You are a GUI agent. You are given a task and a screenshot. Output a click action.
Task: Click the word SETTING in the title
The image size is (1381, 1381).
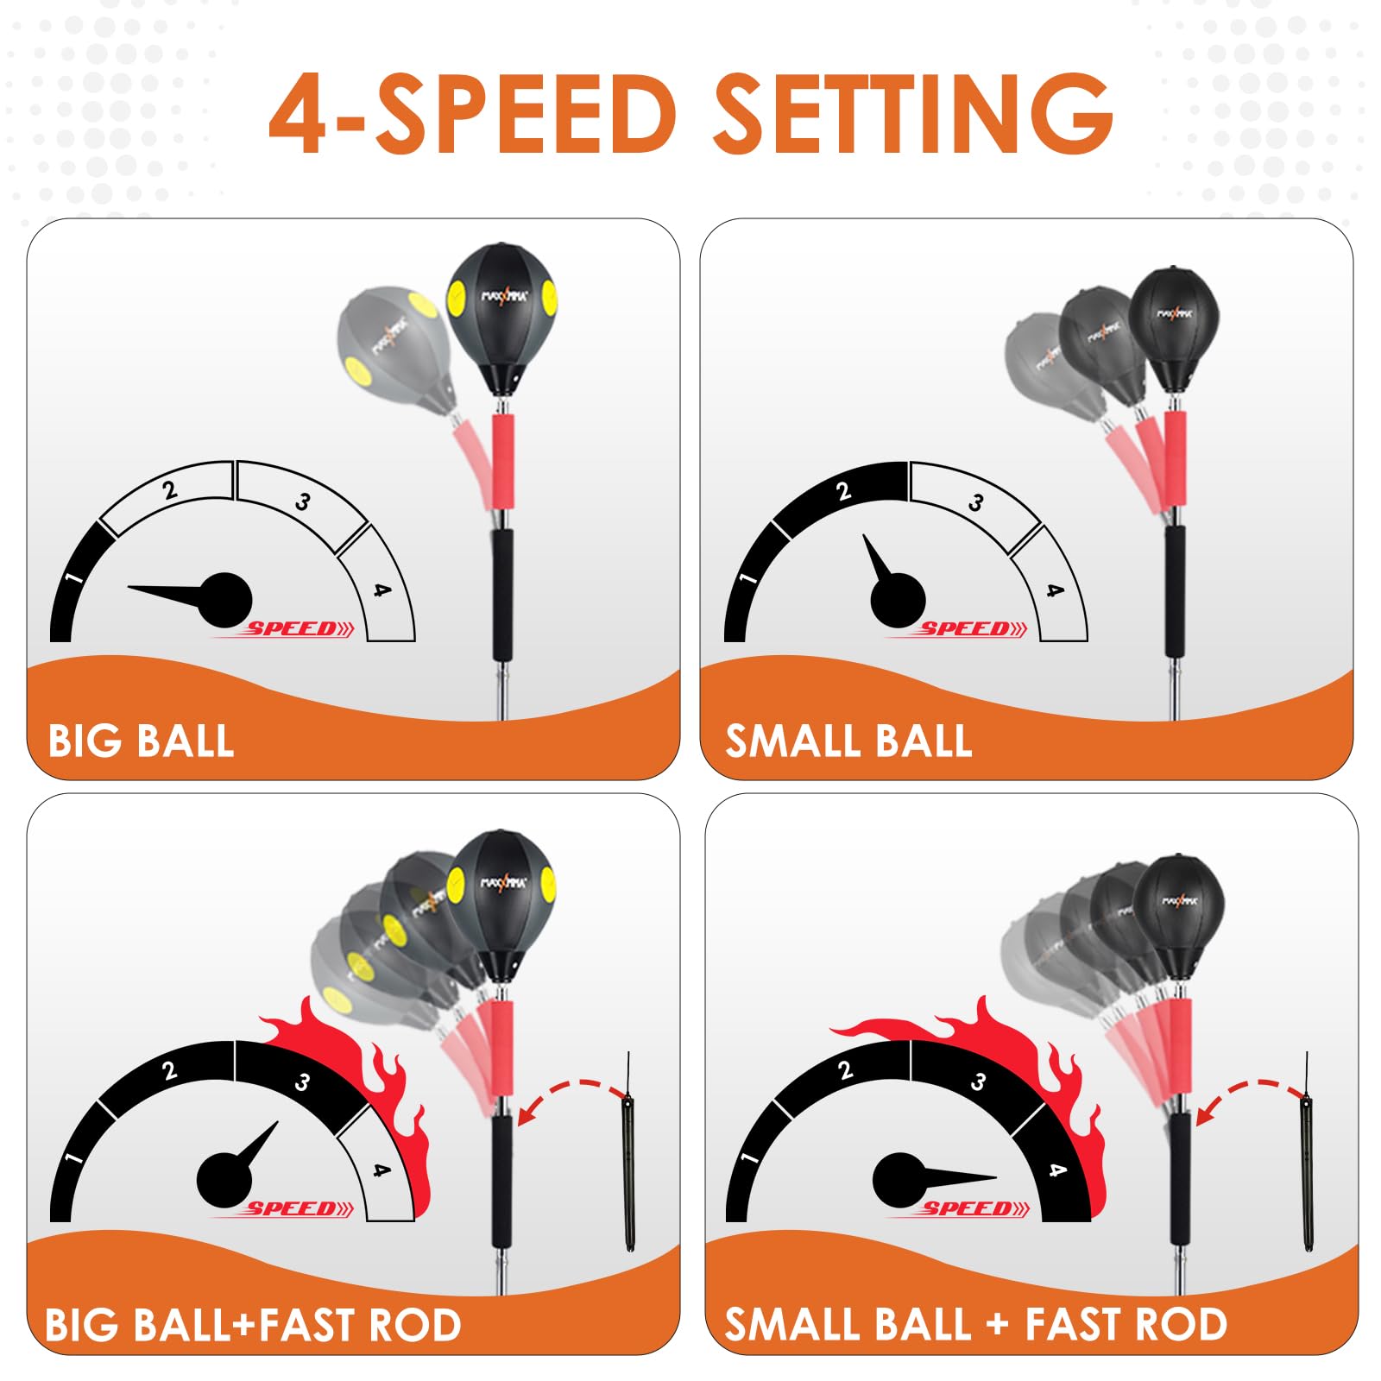[x=913, y=114]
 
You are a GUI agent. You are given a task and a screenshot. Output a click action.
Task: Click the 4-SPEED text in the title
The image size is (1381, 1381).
[x=472, y=114]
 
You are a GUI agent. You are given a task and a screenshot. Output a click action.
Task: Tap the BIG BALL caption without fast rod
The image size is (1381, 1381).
[x=141, y=741]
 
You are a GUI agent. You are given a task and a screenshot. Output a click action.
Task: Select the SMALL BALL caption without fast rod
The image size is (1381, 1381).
[x=848, y=741]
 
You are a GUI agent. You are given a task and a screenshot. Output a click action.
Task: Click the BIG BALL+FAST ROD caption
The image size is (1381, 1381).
[x=253, y=1325]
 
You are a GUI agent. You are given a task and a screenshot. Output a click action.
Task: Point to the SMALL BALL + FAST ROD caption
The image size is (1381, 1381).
[x=975, y=1325]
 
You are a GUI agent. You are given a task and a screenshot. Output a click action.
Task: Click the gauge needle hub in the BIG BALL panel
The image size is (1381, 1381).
[x=225, y=600]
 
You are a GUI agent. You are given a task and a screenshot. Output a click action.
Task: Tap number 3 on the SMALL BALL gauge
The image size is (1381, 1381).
[x=976, y=501]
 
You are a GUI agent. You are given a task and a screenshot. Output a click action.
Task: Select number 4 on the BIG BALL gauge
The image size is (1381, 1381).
[x=382, y=590]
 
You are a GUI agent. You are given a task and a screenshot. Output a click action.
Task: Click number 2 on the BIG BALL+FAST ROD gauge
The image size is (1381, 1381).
[x=169, y=1071]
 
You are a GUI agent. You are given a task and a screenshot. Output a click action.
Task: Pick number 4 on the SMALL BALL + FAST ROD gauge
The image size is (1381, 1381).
[x=1056, y=1170]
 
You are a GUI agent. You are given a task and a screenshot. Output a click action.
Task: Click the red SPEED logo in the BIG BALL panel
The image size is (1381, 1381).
[x=285, y=629]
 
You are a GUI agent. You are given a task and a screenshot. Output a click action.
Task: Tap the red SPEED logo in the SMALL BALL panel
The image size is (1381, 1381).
[x=958, y=629]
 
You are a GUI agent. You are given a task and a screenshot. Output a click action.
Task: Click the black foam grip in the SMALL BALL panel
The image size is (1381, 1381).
[x=1175, y=591]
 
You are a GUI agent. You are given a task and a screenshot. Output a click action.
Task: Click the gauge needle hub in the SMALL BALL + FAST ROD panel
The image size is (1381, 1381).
[x=899, y=1180]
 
